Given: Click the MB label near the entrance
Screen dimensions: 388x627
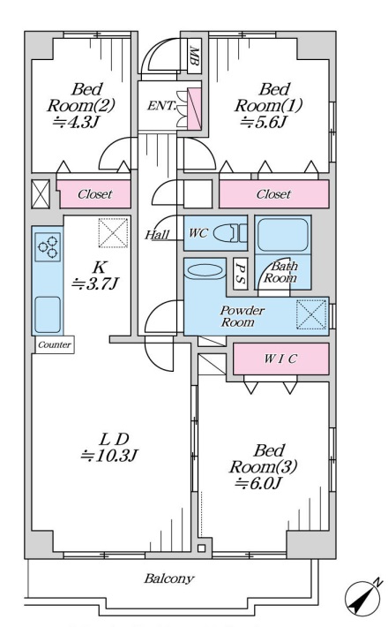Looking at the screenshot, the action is (x=194, y=57).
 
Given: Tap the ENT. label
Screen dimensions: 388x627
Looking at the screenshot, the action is (x=161, y=106).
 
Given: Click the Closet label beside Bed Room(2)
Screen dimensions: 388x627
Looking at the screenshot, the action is (x=95, y=194).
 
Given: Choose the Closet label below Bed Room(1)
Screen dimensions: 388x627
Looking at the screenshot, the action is (x=274, y=194).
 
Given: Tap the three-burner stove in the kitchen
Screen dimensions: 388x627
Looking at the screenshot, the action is (x=48, y=247).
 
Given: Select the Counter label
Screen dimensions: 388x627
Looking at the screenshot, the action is (x=55, y=344).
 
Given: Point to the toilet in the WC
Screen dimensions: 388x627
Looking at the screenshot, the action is (x=230, y=233).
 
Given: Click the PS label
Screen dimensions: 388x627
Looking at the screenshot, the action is (x=240, y=274).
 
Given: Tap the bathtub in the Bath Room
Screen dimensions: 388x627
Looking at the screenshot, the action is (x=282, y=235).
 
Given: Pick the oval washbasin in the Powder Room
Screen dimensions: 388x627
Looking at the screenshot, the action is (x=204, y=271).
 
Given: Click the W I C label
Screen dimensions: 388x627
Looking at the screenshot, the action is (x=280, y=359).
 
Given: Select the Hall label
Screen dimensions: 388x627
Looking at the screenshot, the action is (x=157, y=235).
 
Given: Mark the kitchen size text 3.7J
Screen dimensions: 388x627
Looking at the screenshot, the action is (x=95, y=283).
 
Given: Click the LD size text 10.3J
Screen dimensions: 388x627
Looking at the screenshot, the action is (x=109, y=456).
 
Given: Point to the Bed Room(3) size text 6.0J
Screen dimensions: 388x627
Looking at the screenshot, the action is (x=258, y=483).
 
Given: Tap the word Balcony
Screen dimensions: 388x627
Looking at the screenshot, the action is (x=169, y=578).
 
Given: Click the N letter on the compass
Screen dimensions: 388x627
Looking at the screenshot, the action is (x=377, y=583).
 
